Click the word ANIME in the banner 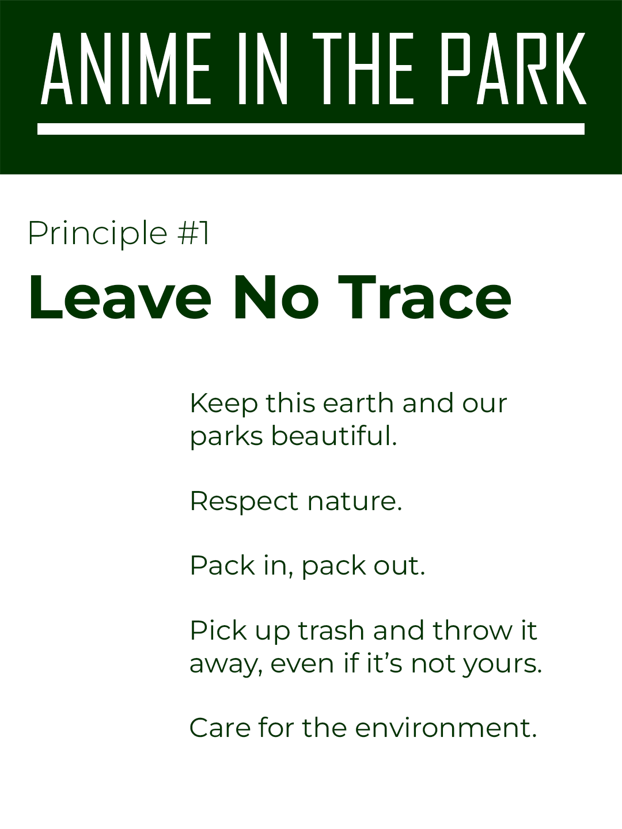point(126,69)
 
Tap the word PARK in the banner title point(513,69)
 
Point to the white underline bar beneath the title point(311,129)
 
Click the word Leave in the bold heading point(120,298)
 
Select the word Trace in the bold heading point(424,298)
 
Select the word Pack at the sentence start point(222,566)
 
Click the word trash point(331,631)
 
